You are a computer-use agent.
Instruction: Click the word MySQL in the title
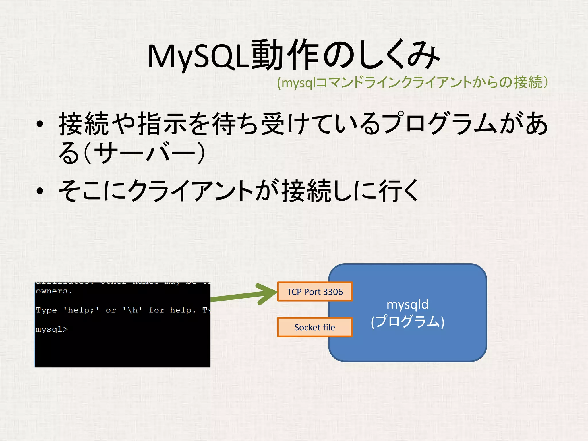(x=198, y=56)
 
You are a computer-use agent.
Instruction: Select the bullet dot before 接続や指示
(x=40, y=124)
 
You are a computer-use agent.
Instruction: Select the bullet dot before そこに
(x=40, y=191)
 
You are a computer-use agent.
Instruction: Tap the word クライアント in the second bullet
(x=191, y=191)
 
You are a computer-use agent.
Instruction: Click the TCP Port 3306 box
(x=315, y=292)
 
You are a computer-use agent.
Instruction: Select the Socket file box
(x=315, y=327)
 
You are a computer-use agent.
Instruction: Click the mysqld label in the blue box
(x=407, y=304)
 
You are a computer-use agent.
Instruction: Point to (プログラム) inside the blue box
(x=407, y=322)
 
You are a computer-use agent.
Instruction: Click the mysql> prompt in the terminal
(x=52, y=329)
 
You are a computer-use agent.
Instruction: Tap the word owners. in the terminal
(x=54, y=291)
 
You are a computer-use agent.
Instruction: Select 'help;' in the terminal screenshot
(x=81, y=310)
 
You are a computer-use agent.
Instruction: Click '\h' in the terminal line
(x=132, y=310)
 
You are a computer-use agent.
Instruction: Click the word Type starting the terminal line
(x=47, y=310)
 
